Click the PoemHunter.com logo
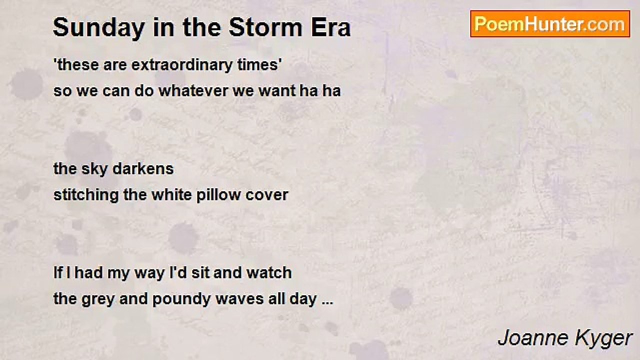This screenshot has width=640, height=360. [550, 24]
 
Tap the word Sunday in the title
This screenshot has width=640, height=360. [99, 28]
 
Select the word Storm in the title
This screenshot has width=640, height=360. [265, 27]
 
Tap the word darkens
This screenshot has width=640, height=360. [143, 168]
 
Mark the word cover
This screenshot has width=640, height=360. [266, 195]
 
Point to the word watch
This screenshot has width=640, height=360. [269, 272]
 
